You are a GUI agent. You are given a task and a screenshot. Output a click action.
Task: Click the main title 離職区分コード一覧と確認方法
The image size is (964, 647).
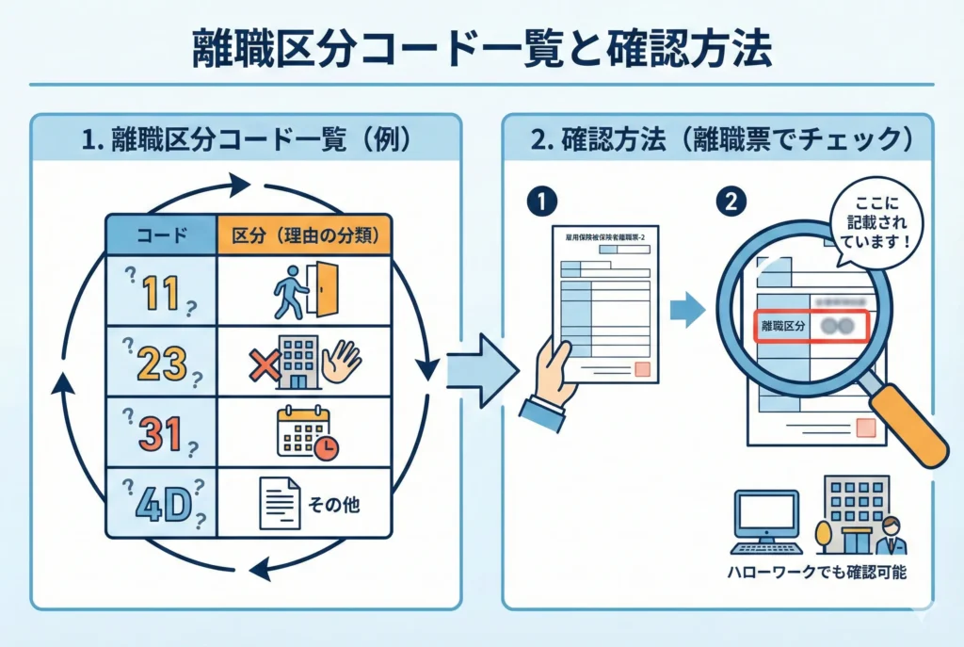click(x=481, y=48)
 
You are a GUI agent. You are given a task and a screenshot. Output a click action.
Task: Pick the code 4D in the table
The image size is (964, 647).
click(x=162, y=502)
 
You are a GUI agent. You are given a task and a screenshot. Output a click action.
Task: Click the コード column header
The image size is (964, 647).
click(x=161, y=235)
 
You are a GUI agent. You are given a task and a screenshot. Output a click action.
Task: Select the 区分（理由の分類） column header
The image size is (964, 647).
click(x=303, y=235)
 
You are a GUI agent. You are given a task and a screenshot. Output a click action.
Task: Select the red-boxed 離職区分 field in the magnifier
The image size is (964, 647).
click(x=811, y=326)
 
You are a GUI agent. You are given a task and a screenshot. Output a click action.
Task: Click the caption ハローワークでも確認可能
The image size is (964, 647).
click(x=816, y=571)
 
